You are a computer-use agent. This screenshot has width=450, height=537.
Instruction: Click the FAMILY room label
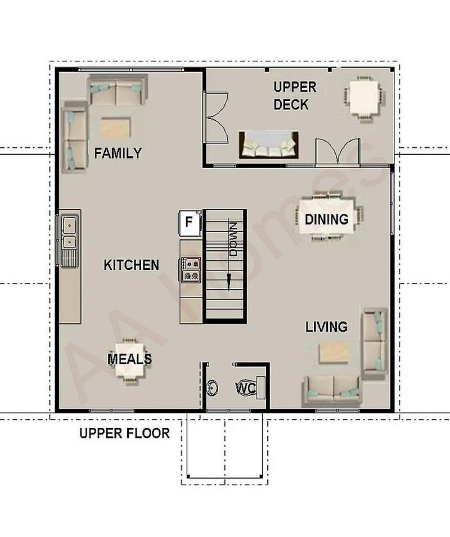(118, 153)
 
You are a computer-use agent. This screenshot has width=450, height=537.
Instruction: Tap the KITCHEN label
(132, 265)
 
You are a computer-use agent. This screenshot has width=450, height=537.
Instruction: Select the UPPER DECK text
(295, 96)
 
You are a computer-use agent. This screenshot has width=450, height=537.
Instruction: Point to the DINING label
(327, 219)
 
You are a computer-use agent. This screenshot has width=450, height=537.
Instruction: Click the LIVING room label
(326, 327)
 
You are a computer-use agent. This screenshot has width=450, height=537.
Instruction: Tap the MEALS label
(130, 359)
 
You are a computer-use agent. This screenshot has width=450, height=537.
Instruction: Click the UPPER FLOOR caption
(125, 433)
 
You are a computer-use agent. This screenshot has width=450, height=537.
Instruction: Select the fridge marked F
(190, 223)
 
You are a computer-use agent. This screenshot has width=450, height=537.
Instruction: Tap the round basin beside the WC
(213, 387)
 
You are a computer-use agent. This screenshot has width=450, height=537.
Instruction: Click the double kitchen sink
(70, 231)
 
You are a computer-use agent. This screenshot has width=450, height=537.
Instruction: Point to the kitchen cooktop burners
(191, 269)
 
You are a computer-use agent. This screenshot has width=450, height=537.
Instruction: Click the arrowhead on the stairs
(229, 282)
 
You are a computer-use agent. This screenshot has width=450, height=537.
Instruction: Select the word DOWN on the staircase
(233, 240)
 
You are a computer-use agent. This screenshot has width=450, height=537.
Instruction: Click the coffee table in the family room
(116, 128)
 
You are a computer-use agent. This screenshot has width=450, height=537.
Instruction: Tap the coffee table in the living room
(335, 353)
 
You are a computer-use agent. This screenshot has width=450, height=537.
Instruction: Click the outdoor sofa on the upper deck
(268, 145)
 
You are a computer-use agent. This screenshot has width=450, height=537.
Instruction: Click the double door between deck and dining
(337, 151)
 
